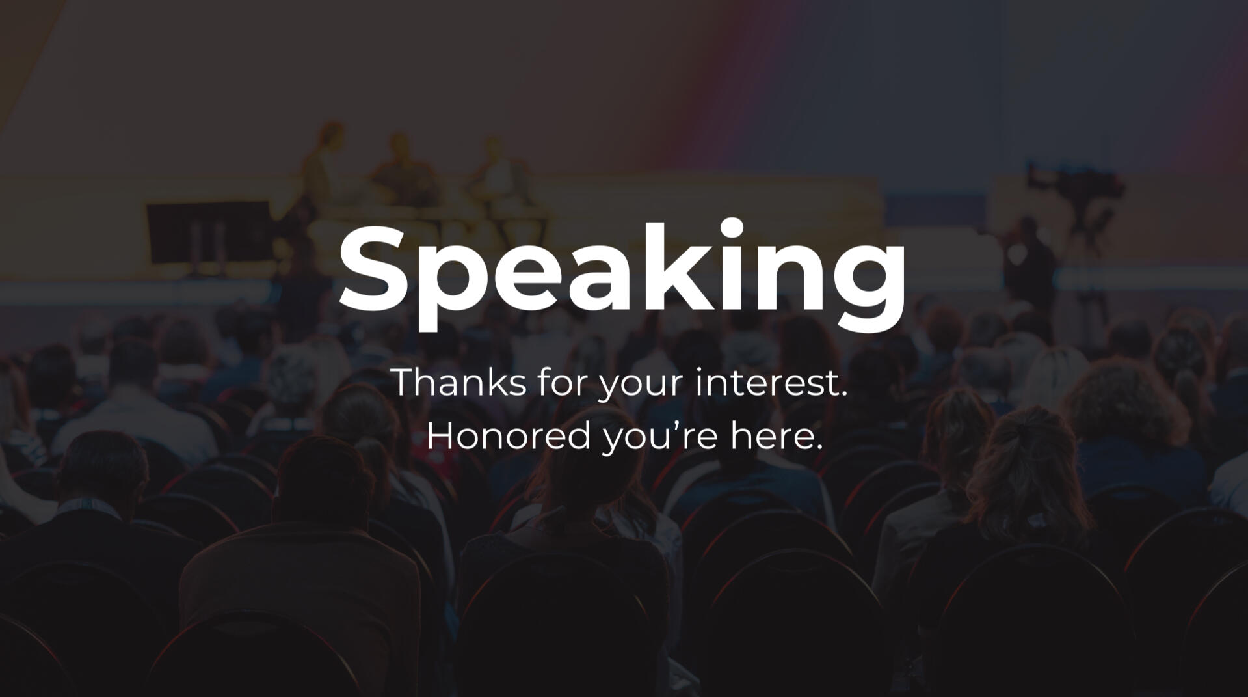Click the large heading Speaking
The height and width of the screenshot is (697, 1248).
tap(622, 274)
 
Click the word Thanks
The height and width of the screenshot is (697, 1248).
tap(459, 382)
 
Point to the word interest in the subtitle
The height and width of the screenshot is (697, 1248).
tap(765, 382)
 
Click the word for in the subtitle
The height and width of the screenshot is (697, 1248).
tap(563, 382)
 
